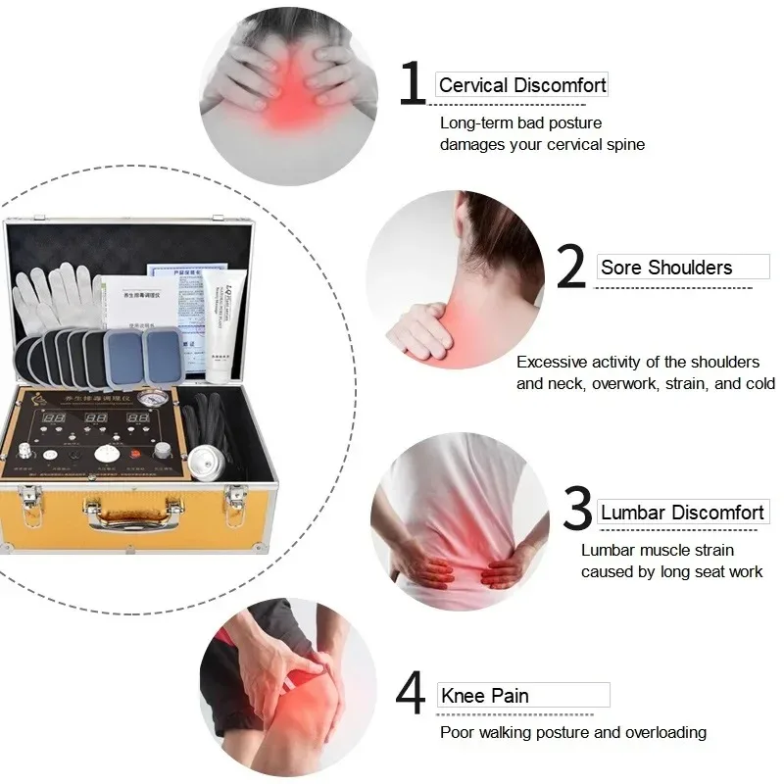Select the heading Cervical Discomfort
point(522,85)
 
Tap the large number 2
point(571,269)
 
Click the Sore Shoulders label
point(666,268)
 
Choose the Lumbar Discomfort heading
point(682,513)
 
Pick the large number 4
point(411,695)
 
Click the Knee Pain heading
point(485,696)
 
